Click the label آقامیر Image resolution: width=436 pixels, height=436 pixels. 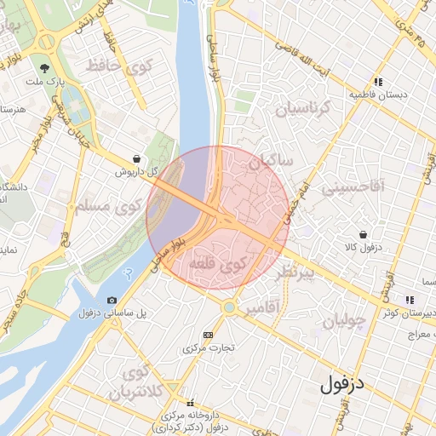click(x=263, y=307)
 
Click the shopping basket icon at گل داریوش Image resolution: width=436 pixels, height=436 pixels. click(x=137, y=158)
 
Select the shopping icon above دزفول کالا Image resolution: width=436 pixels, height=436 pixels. click(x=364, y=234)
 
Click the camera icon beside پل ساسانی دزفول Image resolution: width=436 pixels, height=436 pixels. click(x=112, y=301)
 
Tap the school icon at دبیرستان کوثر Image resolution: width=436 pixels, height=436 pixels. click(x=410, y=300)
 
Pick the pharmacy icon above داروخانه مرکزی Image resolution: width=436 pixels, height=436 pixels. click(x=190, y=403)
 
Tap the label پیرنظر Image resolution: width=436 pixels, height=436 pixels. click(x=295, y=272)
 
